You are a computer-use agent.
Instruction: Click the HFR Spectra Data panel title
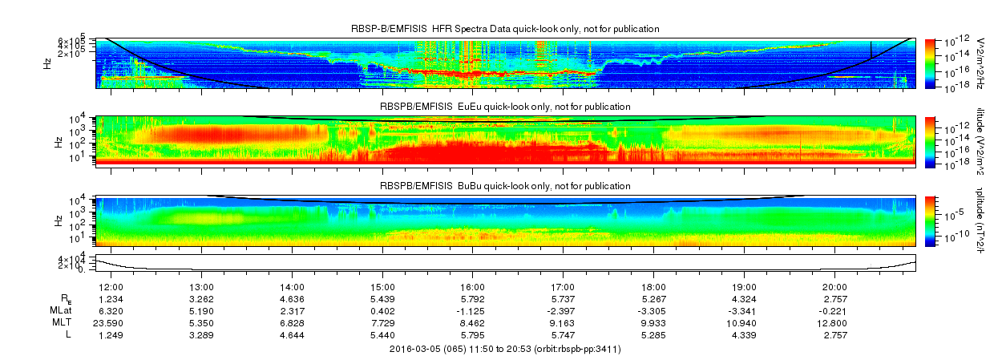[x=505, y=29]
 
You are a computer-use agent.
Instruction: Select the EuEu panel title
[x=505, y=107]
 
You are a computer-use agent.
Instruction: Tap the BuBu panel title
[x=505, y=186]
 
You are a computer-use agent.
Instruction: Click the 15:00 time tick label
[x=382, y=287]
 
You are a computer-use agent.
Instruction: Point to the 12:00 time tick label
[x=110, y=287]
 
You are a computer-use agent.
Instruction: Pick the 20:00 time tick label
[x=834, y=287]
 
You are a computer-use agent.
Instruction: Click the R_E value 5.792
[x=473, y=299]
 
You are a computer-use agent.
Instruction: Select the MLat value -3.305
[x=653, y=311]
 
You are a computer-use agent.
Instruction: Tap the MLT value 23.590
[x=110, y=323]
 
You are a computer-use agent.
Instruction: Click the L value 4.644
[x=292, y=334]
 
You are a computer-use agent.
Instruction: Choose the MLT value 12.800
[x=834, y=323]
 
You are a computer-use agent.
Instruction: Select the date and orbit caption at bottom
[x=505, y=349]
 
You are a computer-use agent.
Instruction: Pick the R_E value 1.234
[x=110, y=299]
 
